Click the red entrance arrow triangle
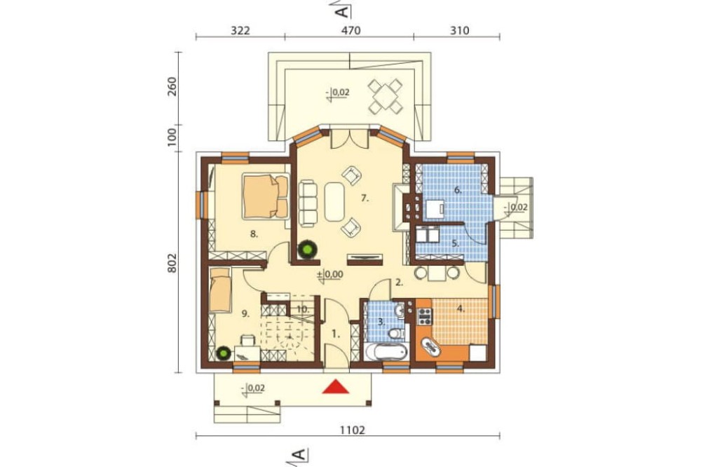335,387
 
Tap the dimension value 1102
353,431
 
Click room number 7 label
365,199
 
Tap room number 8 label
254,233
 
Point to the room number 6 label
458,190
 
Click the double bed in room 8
266,196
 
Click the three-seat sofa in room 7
307,203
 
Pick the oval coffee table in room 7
334,201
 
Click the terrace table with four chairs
384,95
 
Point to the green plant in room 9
223,354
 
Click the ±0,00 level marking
330,274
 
